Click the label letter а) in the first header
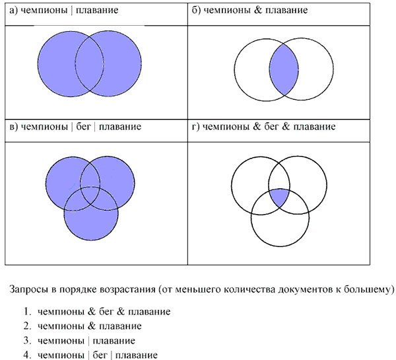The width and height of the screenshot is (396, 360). [13, 11]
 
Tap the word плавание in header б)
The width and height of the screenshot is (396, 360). [286, 11]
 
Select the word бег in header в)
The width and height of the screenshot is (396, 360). [83, 126]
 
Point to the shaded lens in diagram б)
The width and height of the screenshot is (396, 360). [284, 69]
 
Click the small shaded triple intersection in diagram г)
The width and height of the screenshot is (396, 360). [279, 198]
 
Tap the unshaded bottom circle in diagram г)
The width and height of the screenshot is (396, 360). [280, 246]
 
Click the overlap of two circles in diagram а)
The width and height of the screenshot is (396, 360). [89, 63]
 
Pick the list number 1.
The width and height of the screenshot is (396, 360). [27, 312]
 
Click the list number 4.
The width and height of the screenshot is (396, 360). [27, 355]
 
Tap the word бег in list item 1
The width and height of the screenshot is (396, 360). [106, 312]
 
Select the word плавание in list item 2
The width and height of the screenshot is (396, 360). [120, 326]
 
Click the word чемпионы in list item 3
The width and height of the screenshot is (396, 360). [61, 341]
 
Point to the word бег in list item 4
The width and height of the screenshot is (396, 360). [100, 355]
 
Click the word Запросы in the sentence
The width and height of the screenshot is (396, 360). [29, 289]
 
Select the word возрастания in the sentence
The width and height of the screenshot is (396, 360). [127, 290]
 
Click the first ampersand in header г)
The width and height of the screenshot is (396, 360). [257, 126]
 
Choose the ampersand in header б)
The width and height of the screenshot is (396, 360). [258, 10]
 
